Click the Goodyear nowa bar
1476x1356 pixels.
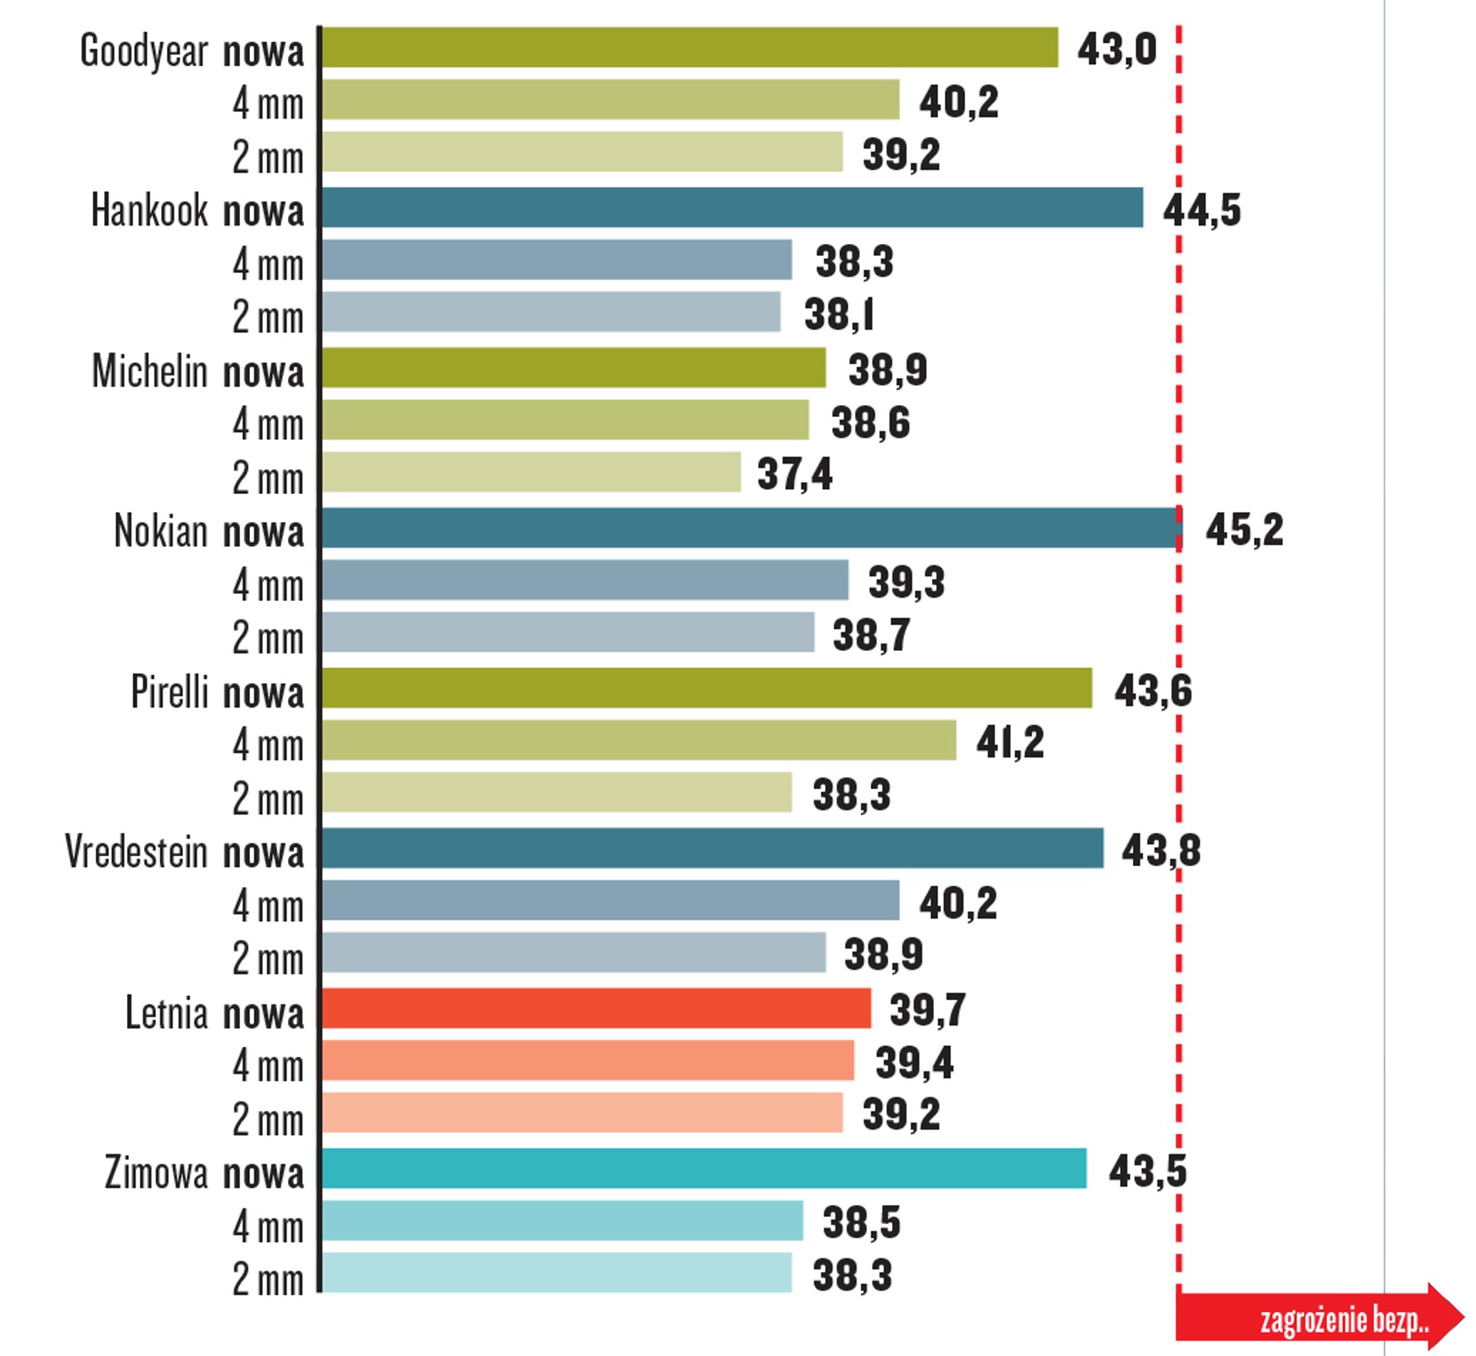pyautogui.click(x=690, y=47)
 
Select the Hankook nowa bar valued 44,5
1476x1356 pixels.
pyautogui.click(x=732, y=208)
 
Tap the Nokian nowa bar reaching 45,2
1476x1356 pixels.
pyautogui.click(x=750, y=528)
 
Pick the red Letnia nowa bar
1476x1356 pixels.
pyautogui.click(x=596, y=1009)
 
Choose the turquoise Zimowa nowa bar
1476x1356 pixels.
pyautogui.click(x=703, y=1169)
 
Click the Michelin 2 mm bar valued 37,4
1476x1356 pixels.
pyautogui.click(x=531, y=472)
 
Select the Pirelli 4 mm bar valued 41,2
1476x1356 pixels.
pyautogui.click(x=639, y=740)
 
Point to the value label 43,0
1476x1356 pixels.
pyautogui.click(x=1116, y=49)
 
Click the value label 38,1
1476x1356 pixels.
pyautogui.click(x=838, y=314)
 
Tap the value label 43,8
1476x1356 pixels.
pyautogui.click(x=1160, y=850)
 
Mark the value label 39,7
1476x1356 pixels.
pyautogui.click(x=927, y=1009)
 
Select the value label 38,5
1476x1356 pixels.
pyautogui.click(x=861, y=1222)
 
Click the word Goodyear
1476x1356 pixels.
pyautogui.click(x=144, y=51)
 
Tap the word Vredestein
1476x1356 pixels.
pyautogui.click(x=136, y=852)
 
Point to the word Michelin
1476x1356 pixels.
pyautogui.click(x=150, y=371)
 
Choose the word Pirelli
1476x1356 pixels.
pyautogui.click(x=169, y=692)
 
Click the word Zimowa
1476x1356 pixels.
pyautogui.click(x=157, y=1173)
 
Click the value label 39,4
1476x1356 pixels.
pyautogui.click(x=913, y=1063)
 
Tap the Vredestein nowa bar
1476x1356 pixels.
pyautogui.click(x=712, y=848)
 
